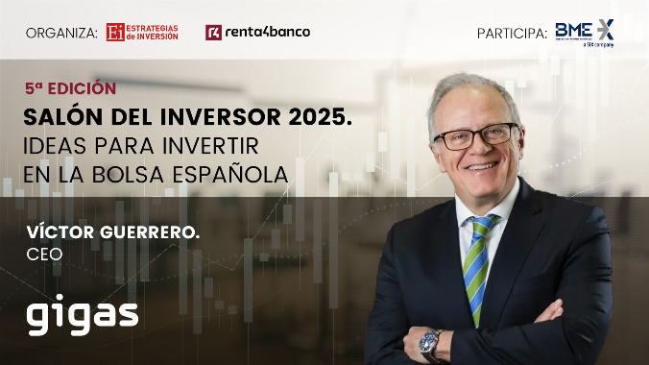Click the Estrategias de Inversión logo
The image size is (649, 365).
141,32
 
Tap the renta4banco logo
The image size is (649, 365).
257,32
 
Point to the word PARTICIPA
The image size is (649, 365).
512,33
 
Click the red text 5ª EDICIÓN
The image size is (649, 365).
70,88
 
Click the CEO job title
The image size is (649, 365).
44,254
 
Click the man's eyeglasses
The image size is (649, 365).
475,135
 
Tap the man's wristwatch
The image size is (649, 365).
430,341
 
